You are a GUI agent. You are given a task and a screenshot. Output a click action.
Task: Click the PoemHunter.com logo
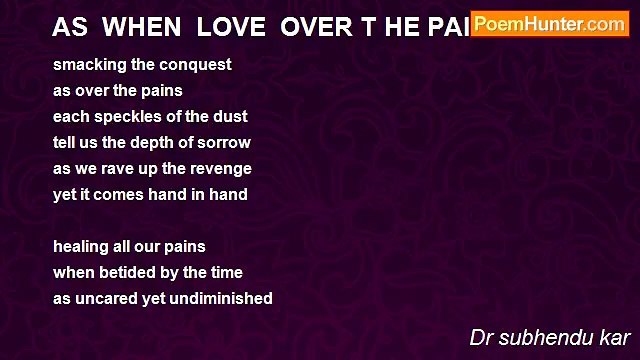[x=549, y=24]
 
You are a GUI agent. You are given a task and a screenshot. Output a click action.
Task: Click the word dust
[x=231, y=117]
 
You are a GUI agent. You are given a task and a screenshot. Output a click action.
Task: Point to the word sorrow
[x=224, y=143]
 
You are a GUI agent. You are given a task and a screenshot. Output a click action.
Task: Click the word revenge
[x=219, y=169]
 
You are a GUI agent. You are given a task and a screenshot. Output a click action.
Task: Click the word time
[x=225, y=273]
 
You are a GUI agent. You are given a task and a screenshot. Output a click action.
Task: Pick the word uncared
[x=108, y=299]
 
